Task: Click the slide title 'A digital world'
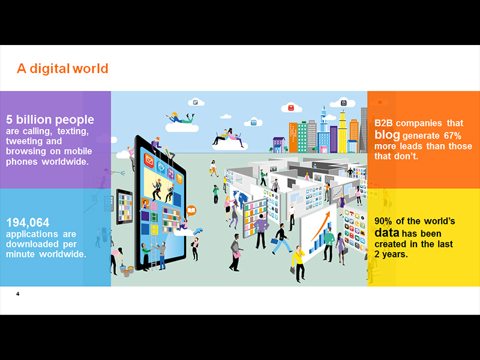tap(62, 68)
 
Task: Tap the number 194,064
tap(28, 223)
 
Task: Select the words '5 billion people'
tap(50, 119)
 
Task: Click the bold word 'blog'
tap(387, 135)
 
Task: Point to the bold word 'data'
tap(386, 233)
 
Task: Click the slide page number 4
tap(18, 294)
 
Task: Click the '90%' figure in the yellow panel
tap(383, 221)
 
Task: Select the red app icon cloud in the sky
tap(291, 108)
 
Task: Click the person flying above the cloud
tap(181, 118)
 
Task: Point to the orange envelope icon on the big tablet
tap(149, 160)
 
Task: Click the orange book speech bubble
tap(191, 211)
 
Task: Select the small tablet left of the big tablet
tap(124, 206)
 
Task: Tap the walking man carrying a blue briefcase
tap(281, 239)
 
